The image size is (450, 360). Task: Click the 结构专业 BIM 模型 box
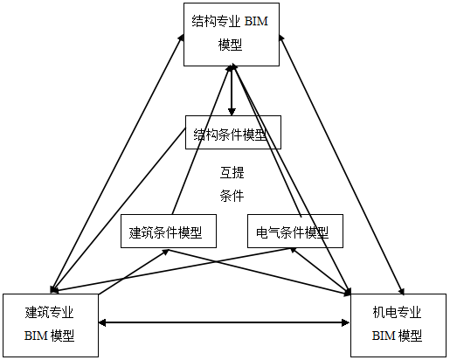[232, 33]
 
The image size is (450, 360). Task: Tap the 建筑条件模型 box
[166, 232]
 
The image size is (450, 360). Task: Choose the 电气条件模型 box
[294, 232]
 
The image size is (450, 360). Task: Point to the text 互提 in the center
[232, 171]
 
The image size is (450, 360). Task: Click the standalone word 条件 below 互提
[232, 196]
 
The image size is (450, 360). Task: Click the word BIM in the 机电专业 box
[384, 336]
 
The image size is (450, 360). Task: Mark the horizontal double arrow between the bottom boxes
[224, 323]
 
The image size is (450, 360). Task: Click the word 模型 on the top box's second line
[232, 45]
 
